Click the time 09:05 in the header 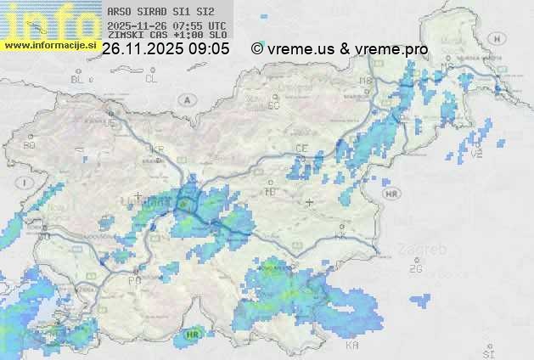[210, 49]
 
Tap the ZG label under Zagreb [415, 269]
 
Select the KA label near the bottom [352, 346]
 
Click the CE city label [301, 148]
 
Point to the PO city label [134, 279]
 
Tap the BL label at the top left [78, 79]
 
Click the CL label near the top [151, 79]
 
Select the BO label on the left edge [30, 145]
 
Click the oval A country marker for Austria [185, 99]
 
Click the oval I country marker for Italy [26, 183]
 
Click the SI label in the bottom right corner [487, 351]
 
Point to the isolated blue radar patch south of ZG [419, 299]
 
